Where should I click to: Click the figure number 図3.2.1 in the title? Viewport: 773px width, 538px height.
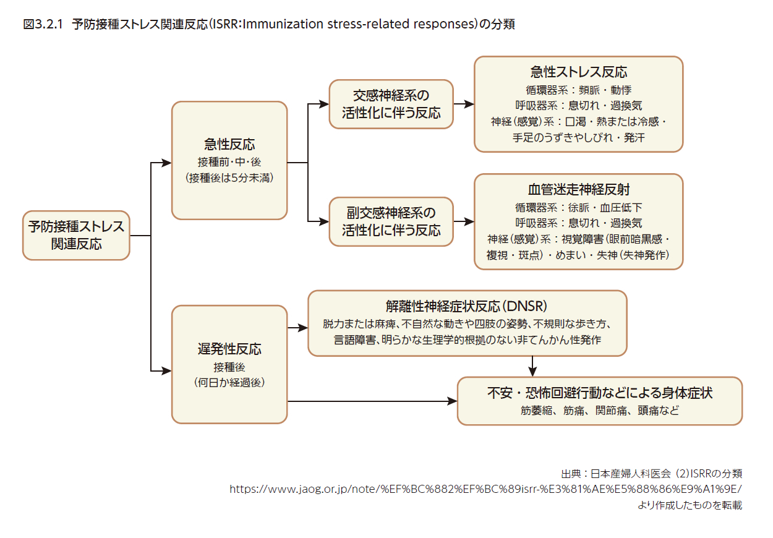[x=43, y=25]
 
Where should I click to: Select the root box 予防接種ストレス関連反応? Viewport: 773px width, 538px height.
[x=76, y=236]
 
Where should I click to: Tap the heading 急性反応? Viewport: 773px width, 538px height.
[x=229, y=144]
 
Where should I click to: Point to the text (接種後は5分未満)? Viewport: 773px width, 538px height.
[x=229, y=177]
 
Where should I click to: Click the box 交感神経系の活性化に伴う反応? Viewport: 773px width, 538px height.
[x=391, y=105]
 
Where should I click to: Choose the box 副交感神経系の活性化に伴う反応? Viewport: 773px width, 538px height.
[x=391, y=221]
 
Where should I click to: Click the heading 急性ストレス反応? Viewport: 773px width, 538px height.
[x=579, y=72]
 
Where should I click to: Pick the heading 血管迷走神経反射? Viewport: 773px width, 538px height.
[x=579, y=189]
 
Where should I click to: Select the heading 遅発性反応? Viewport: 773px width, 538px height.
[x=229, y=349]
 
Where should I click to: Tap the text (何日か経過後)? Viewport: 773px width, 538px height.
[x=229, y=382]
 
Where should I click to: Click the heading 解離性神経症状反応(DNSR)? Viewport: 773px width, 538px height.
[x=466, y=306]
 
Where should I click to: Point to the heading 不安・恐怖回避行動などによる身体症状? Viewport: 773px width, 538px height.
[x=600, y=393]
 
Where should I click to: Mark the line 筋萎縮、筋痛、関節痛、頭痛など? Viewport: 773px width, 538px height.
[x=600, y=411]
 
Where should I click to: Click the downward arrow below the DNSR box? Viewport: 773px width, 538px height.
[x=532, y=366]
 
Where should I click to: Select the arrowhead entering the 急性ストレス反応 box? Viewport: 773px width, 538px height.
[x=469, y=104]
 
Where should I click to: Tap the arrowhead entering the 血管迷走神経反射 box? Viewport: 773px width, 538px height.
[x=469, y=221]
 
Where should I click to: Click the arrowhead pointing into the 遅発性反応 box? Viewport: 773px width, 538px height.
[x=167, y=371]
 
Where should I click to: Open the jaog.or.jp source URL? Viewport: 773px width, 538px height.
[x=485, y=489]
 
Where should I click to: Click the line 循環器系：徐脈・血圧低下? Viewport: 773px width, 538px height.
[x=579, y=207]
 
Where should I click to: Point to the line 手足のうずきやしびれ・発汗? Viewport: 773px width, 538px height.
[x=579, y=138]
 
